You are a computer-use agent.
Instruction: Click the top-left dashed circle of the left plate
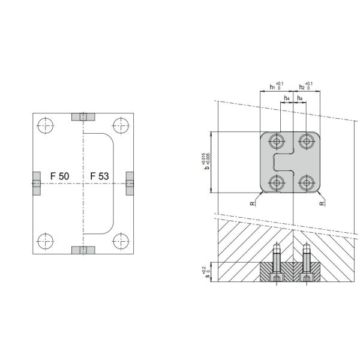(x=45, y=126)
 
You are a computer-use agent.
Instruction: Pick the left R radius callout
(x=253, y=205)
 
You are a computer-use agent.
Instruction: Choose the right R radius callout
(x=323, y=203)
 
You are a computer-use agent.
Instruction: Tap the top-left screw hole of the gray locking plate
(x=277, y=142)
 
